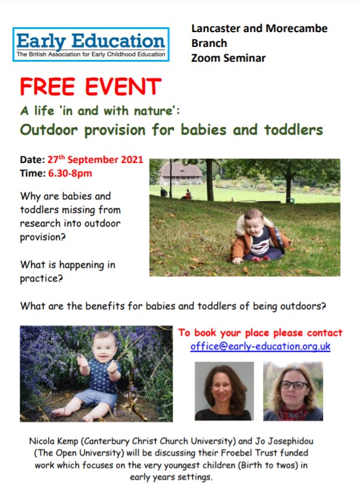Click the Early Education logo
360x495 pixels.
[91, 44]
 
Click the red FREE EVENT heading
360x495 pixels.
[90, 87]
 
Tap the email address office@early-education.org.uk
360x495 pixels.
[260, 346]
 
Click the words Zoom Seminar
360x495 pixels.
[228, 58]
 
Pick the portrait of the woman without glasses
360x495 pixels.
[224, 391]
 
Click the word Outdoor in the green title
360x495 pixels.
[47, 130]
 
